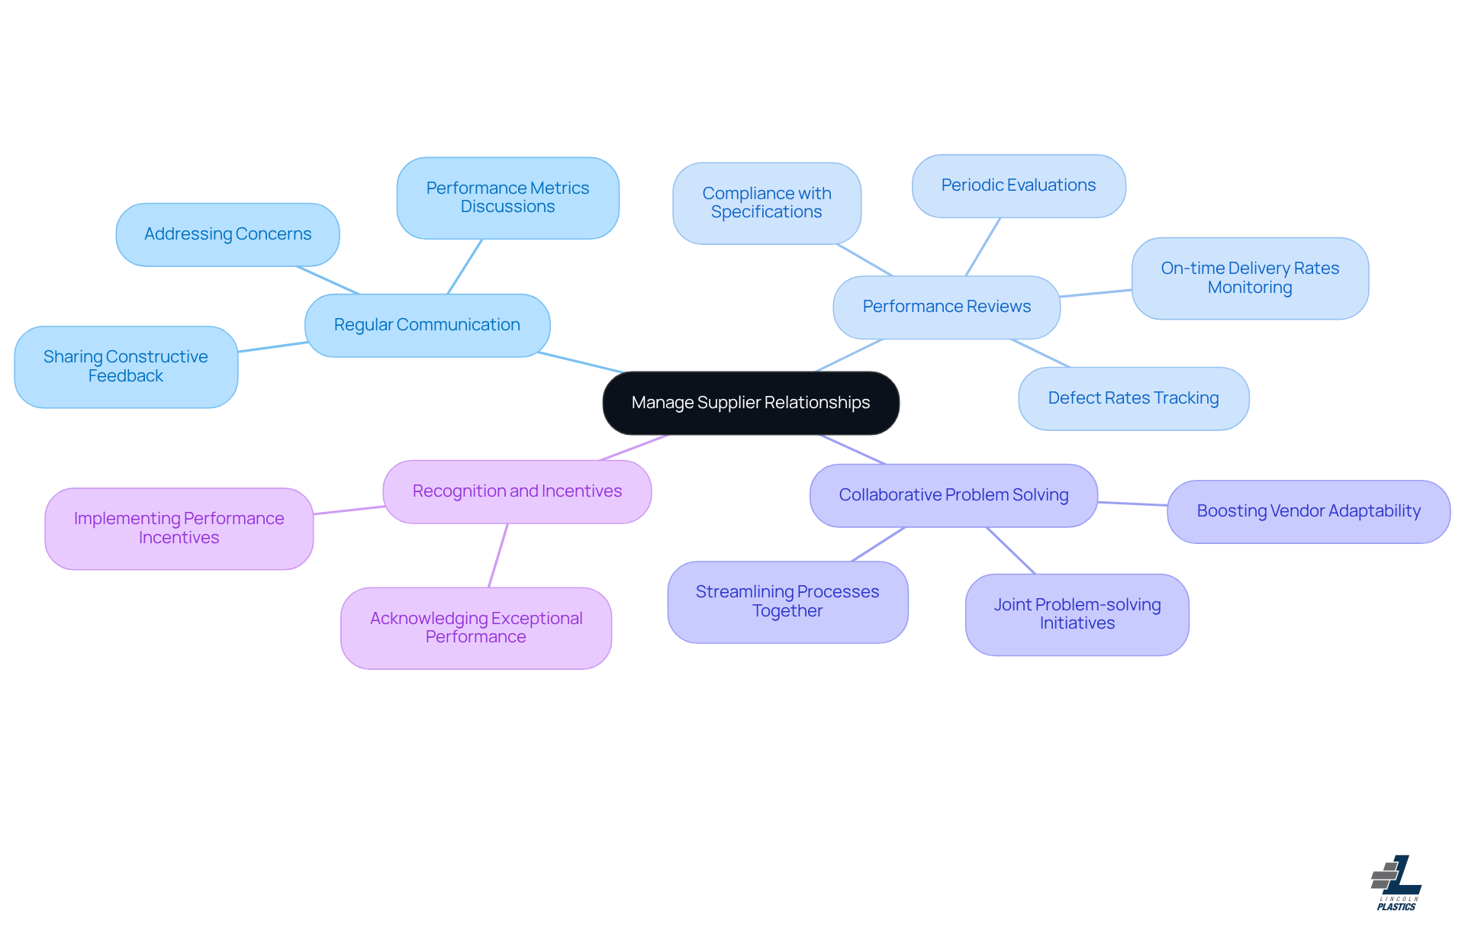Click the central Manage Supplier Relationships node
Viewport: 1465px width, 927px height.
(751, 403)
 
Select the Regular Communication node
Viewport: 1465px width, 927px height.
(427, 325)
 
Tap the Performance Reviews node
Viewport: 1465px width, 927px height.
(946, 307)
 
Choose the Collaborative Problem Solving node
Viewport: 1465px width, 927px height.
(953, 495)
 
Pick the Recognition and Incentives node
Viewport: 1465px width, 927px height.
(517, 491)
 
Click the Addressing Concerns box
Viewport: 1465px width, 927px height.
(227, 234)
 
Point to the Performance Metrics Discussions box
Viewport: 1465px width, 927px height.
(507, 198)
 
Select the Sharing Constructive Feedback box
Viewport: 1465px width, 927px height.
(126, 367)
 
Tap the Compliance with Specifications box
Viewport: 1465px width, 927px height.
(766, 203)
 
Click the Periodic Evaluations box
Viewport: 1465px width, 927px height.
(1018, 185)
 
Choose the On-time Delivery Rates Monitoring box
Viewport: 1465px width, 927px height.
(1250, 278)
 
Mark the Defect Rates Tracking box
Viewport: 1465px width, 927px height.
(1133, 398)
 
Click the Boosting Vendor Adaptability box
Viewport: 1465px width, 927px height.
(1308, 511)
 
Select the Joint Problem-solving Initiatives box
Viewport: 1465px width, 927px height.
(1077, 614)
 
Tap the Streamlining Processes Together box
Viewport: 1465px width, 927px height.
(787, 601)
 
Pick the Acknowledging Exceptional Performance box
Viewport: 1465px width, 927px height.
(476, 628)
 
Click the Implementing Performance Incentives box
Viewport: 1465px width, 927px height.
(179, 528)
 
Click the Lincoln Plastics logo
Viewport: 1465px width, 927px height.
(1396, 883)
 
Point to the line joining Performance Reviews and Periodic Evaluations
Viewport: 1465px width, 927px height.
(983, 246)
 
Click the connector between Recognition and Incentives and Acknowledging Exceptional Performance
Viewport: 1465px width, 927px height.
(498, 555)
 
